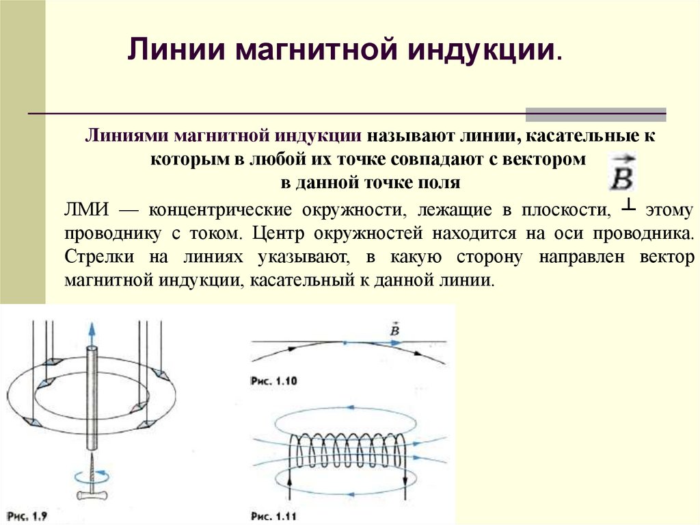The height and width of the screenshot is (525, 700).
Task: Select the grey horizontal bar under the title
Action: coord(595,114)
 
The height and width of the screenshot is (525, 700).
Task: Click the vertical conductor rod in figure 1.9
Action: coord(92,397)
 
